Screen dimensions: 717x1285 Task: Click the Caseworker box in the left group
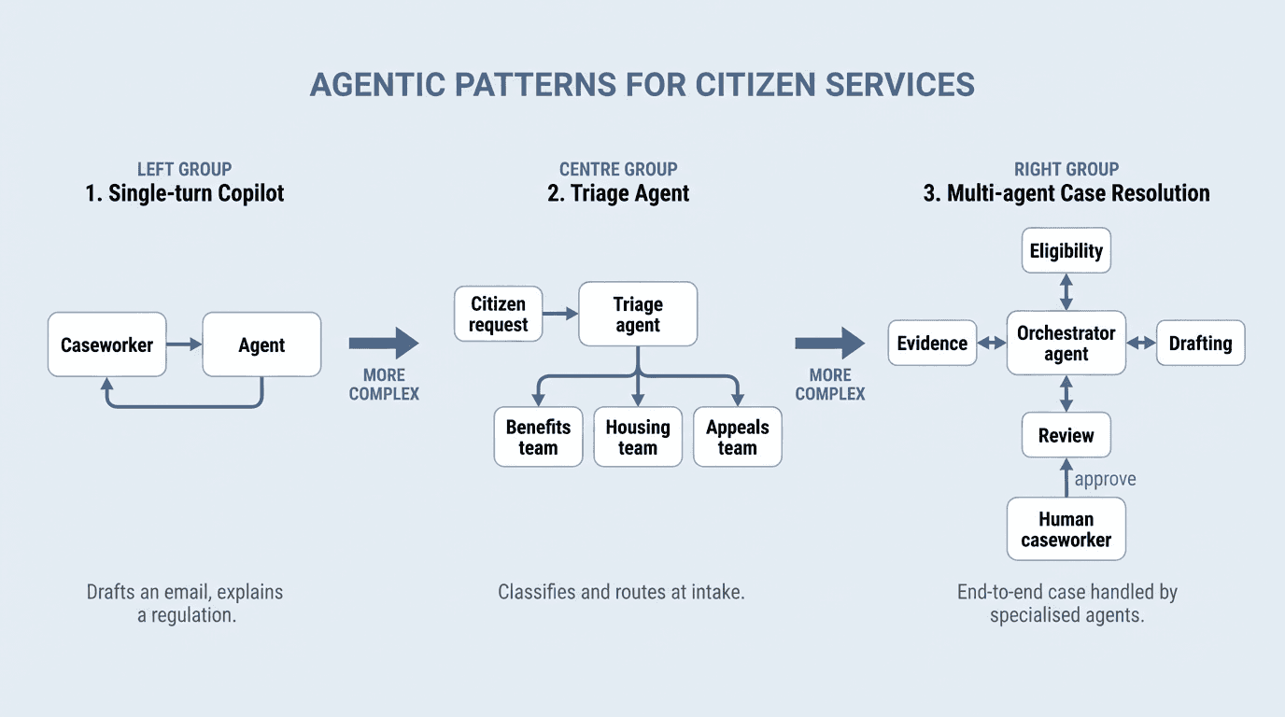point(106,344)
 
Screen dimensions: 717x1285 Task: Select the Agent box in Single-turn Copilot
point(261,344)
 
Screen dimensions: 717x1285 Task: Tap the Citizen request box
point(498,315)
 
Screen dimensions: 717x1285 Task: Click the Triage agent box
point(638,315)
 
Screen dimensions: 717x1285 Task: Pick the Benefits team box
point(538,437)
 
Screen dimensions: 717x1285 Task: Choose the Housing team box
point(638,437)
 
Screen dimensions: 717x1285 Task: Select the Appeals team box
point(737,437)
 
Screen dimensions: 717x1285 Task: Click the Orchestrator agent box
point(1066,344)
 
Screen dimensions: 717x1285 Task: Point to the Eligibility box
point(1066,250)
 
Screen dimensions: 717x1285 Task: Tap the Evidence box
point(932,344)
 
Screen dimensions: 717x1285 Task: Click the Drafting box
point(1200,344)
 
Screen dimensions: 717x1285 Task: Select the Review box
point(1066,435)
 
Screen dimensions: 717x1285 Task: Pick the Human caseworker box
point(1066,529)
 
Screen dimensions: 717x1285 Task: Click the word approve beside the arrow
point(1105,479)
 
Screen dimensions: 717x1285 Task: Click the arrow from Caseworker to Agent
point(184,344)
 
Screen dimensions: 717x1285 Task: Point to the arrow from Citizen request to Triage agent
point(560,315)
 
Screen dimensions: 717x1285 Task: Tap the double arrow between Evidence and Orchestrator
point(992,344)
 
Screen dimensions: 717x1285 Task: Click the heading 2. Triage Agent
point(618,193)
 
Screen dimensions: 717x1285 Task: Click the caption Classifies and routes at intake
point(621,592)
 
